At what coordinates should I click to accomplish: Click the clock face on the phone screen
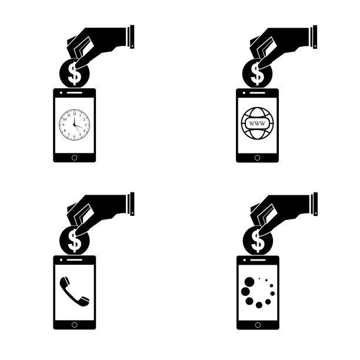point(74,125)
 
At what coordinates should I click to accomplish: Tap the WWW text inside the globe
point(257,124)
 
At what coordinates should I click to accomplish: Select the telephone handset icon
point(74,292)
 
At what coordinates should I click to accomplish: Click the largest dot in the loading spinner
point(249,282)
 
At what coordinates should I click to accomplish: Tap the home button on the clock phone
point(74,158)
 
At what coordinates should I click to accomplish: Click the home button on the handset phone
point(74,325)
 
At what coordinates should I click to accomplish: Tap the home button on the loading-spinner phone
point(258,325)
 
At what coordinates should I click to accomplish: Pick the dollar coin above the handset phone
point(74,241)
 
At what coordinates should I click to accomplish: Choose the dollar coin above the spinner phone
point(258,241)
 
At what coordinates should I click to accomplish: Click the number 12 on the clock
point(74,114)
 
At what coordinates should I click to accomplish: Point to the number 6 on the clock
point(74,136)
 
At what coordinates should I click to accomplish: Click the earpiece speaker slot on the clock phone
point(74,93)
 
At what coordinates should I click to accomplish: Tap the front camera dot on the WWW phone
point(244,93)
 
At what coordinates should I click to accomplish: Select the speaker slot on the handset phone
point(74,260)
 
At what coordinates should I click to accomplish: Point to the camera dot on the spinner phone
point(245,260)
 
